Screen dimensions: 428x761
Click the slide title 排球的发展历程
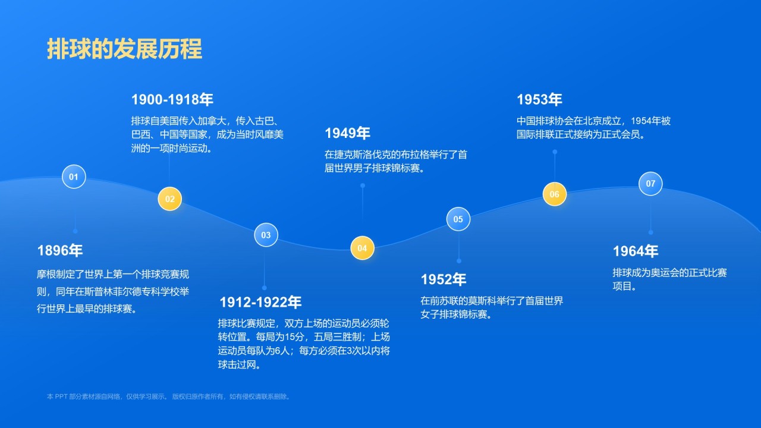124,49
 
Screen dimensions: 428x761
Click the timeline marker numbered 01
74,177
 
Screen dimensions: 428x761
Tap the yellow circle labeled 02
169,199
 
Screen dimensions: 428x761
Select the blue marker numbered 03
266,235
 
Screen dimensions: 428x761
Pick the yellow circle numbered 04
362,248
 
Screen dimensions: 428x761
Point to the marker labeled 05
458,219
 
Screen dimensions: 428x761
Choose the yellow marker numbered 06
554,194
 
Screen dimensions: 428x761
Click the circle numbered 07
650,184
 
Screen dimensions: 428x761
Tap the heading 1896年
60,251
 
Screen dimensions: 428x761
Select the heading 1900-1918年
172,99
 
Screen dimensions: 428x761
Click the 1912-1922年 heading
260,303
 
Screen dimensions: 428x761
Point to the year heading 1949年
347,133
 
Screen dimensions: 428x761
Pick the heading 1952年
444,279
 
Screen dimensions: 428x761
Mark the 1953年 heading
539,99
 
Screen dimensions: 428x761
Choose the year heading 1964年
636,251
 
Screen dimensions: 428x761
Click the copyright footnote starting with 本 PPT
169,396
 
